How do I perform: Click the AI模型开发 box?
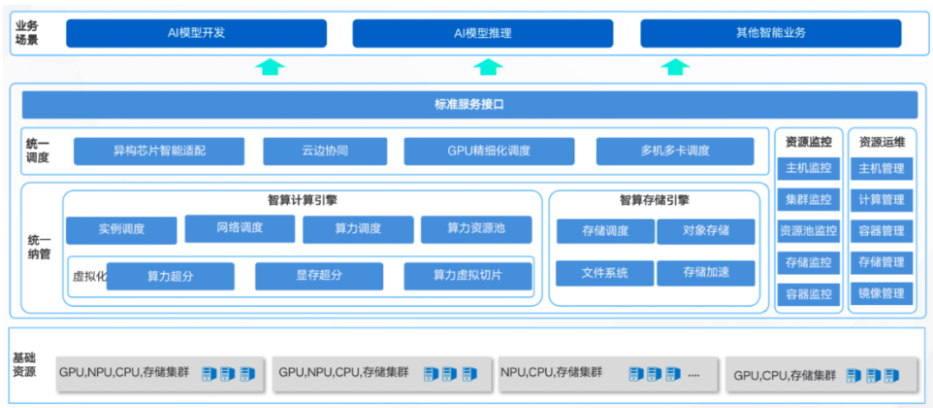[196, 33]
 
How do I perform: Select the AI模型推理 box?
[482, 33]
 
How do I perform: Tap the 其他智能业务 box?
[770, 33]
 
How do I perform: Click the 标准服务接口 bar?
[469, 104]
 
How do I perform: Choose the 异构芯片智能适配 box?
[159, 151]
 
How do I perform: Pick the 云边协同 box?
[325, 151]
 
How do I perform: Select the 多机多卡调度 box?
[674, 151]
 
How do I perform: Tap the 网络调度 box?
[239, 228]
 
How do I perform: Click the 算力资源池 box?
[475, 229]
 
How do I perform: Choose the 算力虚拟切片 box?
[467, 276]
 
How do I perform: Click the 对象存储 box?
[705, 231]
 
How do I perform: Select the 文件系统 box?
[604, 273]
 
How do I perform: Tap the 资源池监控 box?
[808, 231]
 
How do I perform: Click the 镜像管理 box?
[881, 293]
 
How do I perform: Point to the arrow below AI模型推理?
[488, 67]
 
